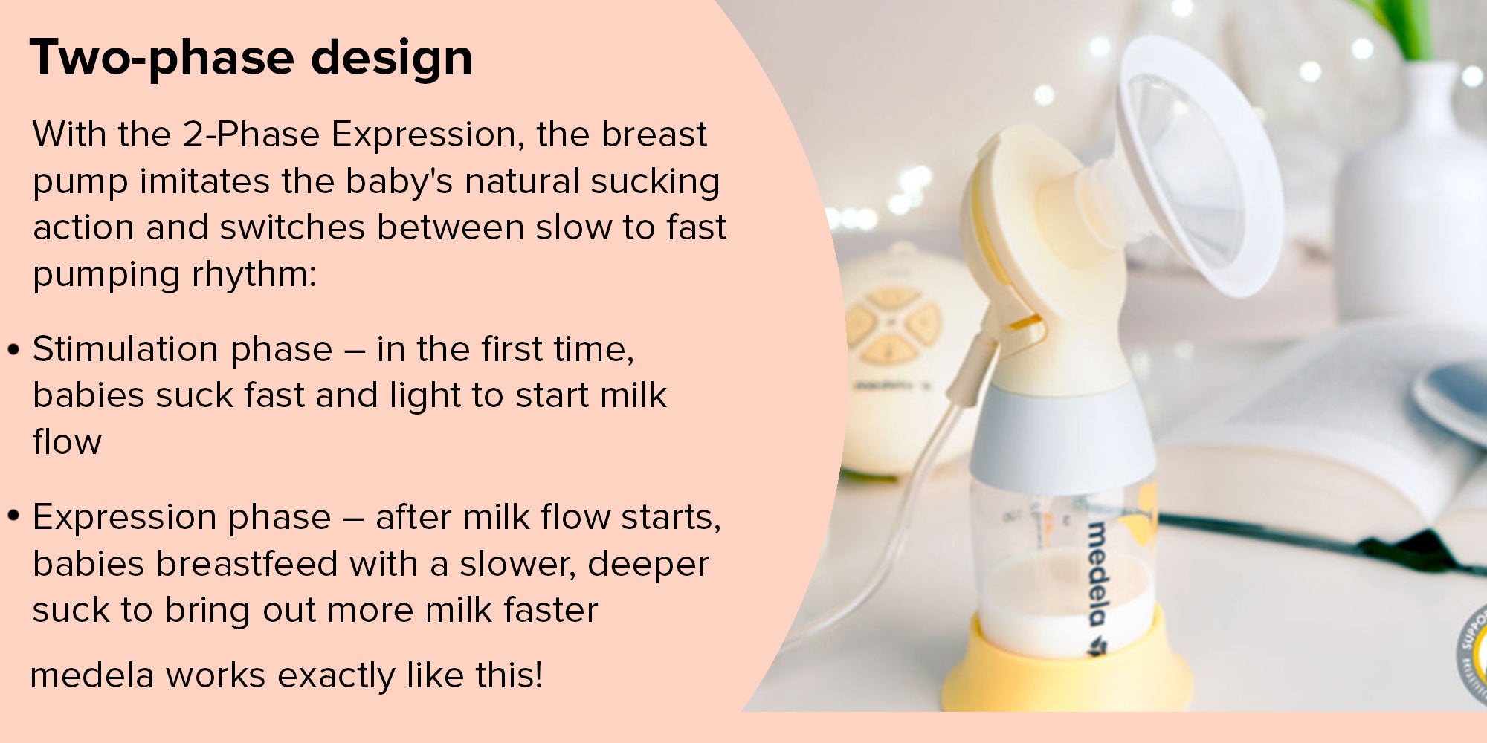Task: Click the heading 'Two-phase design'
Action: point(251,58)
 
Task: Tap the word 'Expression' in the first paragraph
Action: point(424,135)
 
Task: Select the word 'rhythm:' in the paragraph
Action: point(254,275)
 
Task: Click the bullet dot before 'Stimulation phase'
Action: point(13,350)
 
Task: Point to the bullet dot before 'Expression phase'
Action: point(13,516)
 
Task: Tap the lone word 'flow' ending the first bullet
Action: point(67,441)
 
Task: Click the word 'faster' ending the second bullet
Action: point(551,610)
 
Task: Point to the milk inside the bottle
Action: point(1063,602)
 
